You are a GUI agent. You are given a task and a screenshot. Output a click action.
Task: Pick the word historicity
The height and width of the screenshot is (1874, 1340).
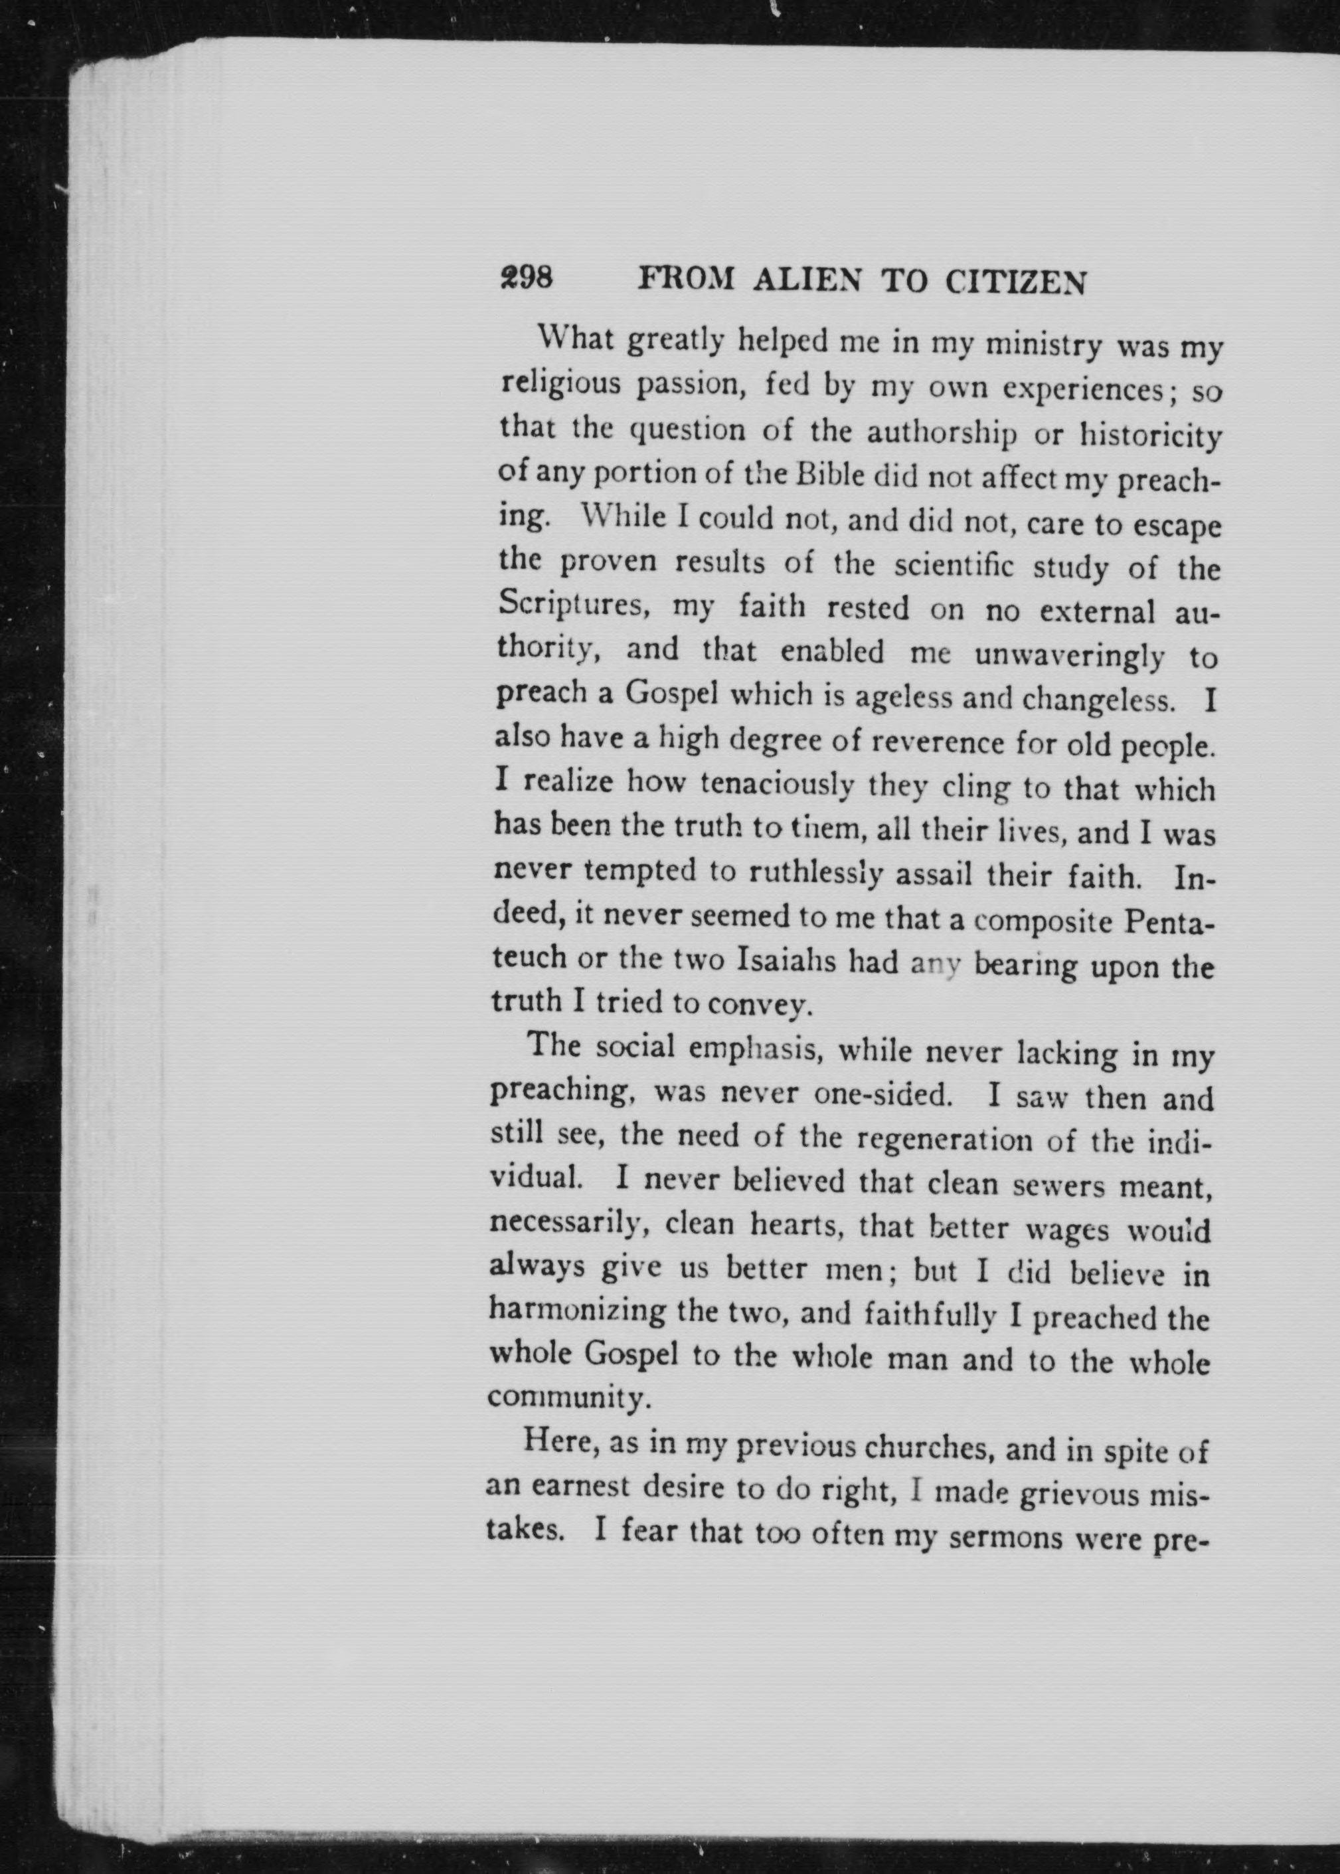(1150, 436)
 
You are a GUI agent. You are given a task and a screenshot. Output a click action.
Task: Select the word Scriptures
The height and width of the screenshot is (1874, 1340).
(570, 607)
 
